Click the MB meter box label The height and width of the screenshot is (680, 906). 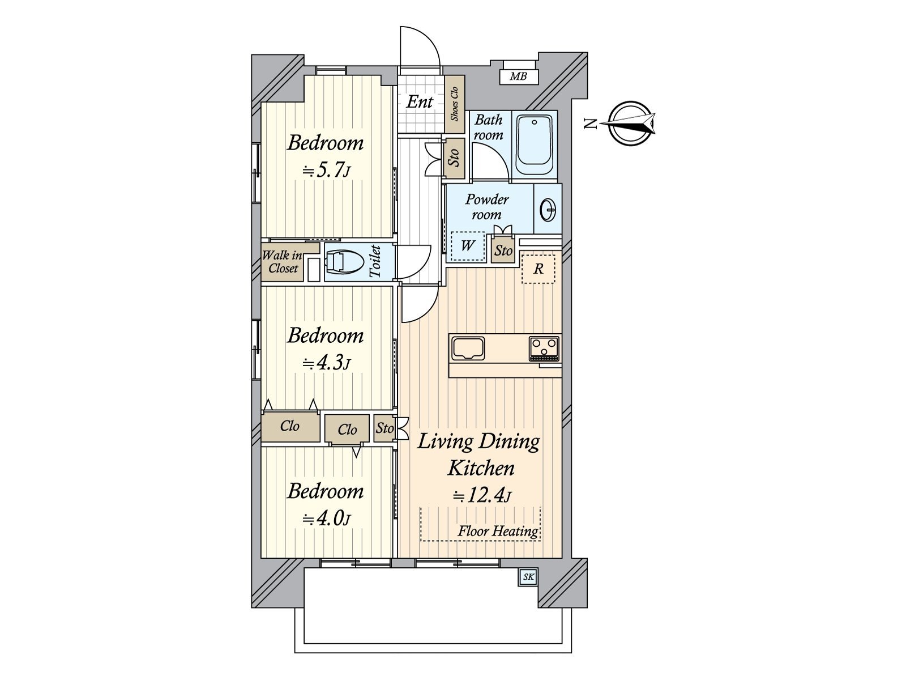click(x=519, y=76)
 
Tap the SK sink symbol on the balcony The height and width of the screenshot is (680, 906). click(x=528, y=577)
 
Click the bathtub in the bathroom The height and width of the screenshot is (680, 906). click(x=535, y=145)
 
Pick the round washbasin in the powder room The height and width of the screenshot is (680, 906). click(x=548, y=209)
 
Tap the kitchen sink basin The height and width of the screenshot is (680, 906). click(x=468, y=348)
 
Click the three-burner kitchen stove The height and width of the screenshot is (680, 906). click(x=544, y=348)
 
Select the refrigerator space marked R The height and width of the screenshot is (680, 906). click(x=539, y=269)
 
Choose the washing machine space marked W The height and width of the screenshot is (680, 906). click(x=467, y=246)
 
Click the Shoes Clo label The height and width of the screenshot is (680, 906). click(x=455, y=104)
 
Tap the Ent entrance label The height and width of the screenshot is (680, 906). click(x=420, y=101)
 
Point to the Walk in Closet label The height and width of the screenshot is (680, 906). click(x=283, y=262)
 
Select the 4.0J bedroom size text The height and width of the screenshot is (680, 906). click(x=327, y=518)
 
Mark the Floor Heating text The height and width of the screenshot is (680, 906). click(x=498, y=531)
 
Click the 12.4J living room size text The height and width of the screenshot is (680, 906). click(x=482, y=495)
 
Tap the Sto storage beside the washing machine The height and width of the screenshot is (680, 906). click(x=503, y=250)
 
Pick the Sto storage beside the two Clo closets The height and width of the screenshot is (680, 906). click(x=384, y=428)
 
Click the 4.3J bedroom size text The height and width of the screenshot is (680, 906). click(x=327, y=363)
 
